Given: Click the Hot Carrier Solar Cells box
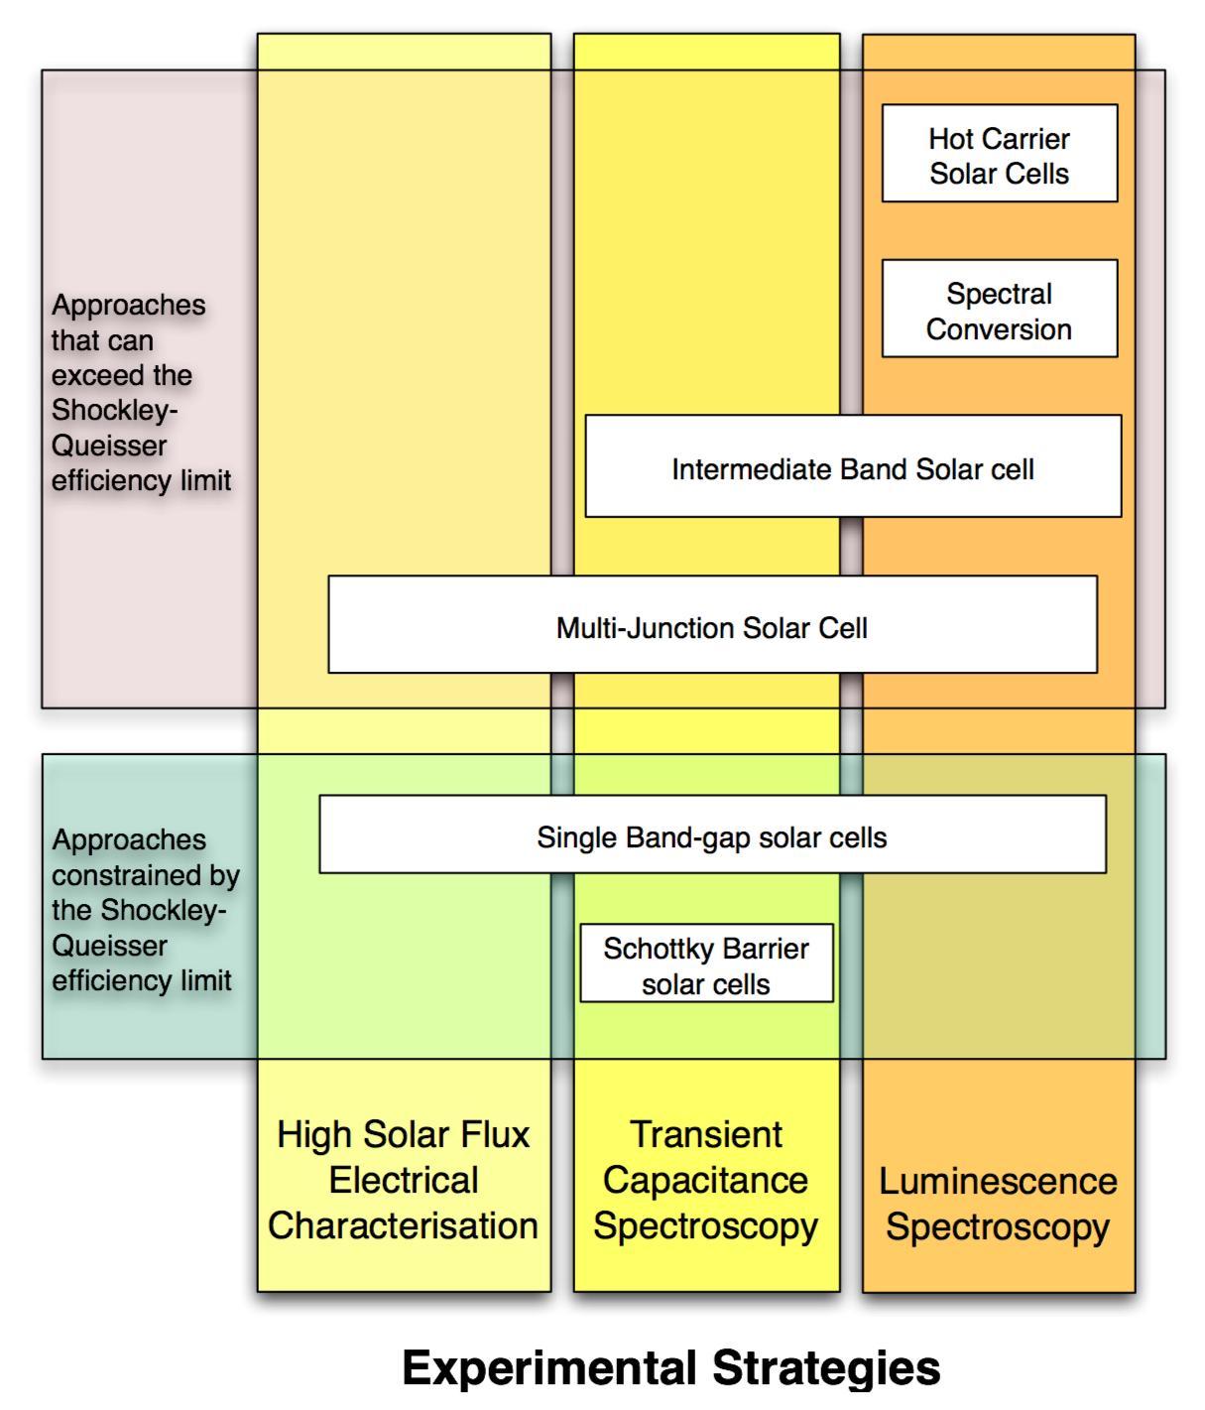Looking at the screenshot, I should click(x=999, y=154).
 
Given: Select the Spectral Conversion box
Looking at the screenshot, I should click(x=999, y=309).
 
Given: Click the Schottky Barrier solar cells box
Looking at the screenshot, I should click(x=706, y=963).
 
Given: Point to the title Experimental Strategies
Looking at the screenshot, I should click(x=671, y=1368).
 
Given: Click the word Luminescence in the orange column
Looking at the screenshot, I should click(x=998, y=1181).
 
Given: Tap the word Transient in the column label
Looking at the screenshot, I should click(x=706, y=1134).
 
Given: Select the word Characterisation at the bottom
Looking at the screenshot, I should click(x=403, y=1225).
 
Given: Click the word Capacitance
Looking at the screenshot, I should click(x=705, y=1180).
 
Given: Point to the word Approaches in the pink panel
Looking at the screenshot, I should click(x=129, y=305).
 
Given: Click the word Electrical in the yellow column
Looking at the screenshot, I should click(x=404, y=1180).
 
